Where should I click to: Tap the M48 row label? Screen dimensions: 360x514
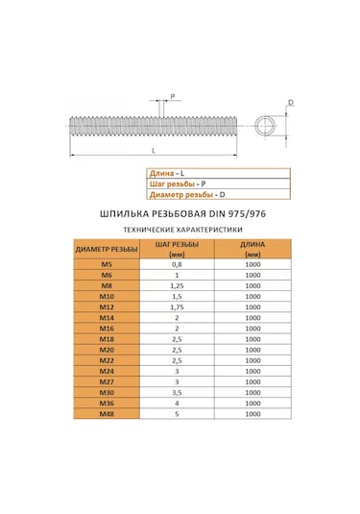[106, 415]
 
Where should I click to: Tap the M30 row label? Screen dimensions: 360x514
[106, 393]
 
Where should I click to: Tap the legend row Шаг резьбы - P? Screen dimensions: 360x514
[174, 183]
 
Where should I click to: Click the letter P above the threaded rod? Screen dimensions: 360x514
[173, 96]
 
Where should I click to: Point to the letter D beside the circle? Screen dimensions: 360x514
[291, 103]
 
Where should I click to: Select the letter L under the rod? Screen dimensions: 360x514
[154, 153]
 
